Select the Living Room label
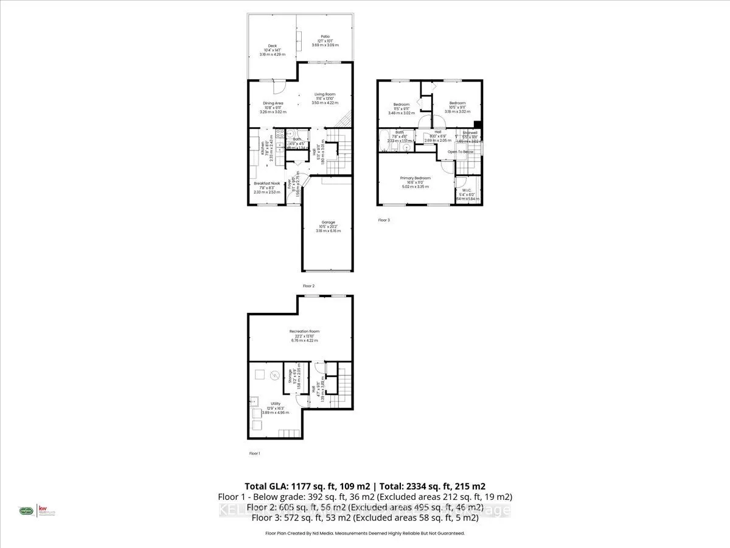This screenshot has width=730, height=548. pyautogui.click(x=325, y=94)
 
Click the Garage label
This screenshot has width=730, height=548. pyautogui.click(x=328, y=222)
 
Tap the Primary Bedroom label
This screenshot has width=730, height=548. pyautogui.click(x=415, y=178)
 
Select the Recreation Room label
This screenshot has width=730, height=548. pyautogui.click(x=304, y=331)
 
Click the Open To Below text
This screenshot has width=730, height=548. pyautogui.click(x=461, y=152)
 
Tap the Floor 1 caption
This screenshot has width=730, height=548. pyautogui.click(x=254, y=454)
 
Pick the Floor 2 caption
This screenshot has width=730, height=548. pyautogui.click(x=308, y=286)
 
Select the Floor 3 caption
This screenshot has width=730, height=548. pyautogui.click(x=383, y=220)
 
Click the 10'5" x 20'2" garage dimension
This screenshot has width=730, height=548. pyautogui.click(x=328, y=227)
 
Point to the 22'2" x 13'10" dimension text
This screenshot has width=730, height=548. pyautogui.click(x=304, y=336)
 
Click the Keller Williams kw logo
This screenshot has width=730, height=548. pyautogui.click(x=43, y=510)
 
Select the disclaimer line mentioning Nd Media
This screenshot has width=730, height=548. pyautogui.click(x=365, y=533)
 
